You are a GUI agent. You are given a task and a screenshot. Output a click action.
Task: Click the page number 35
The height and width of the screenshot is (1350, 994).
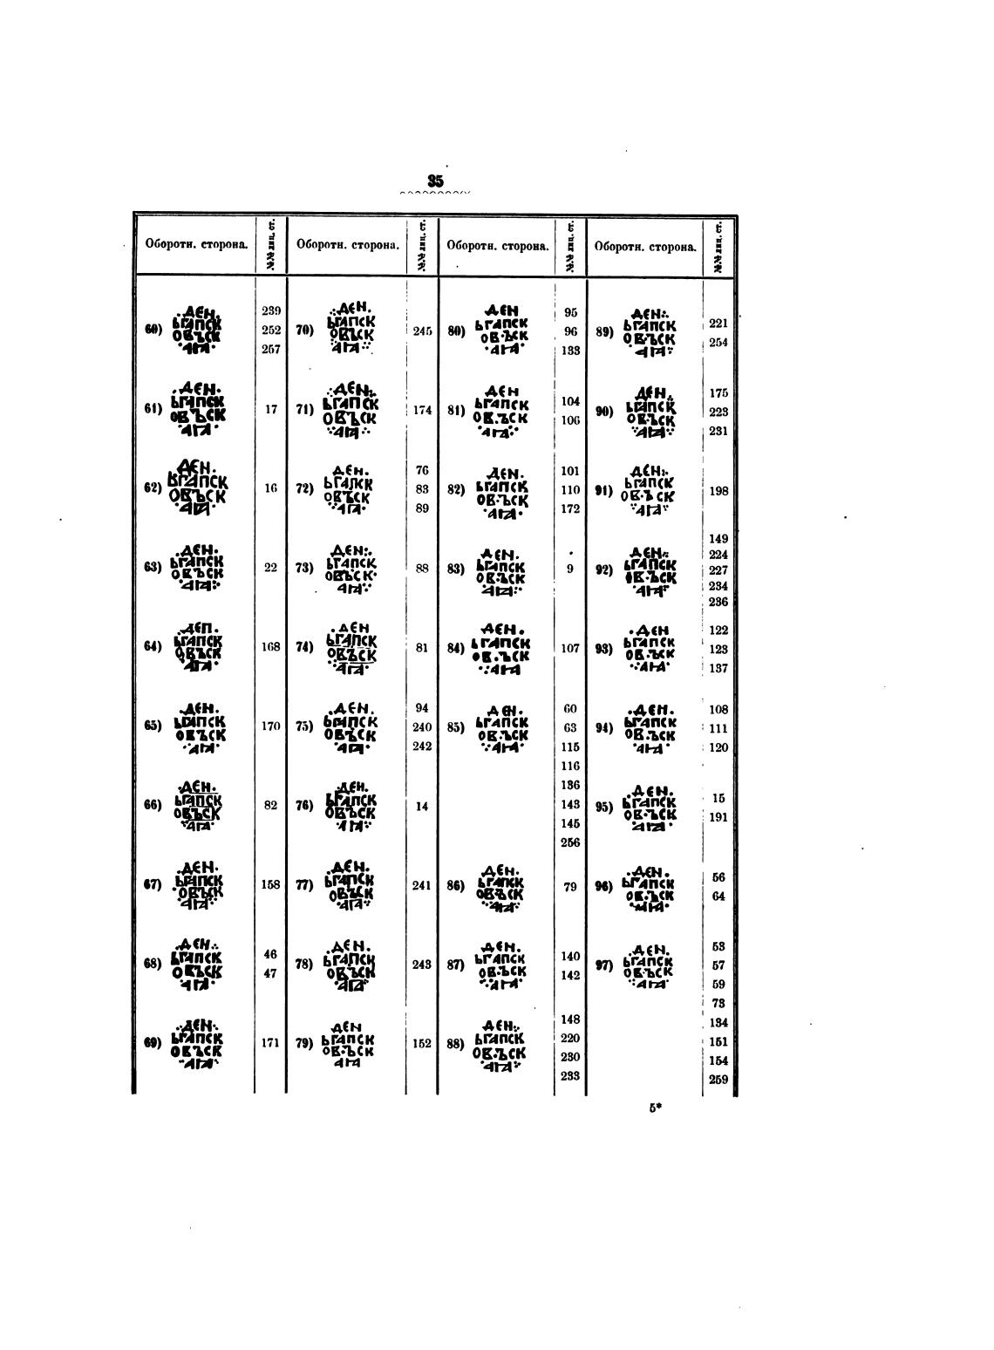click(435, 181)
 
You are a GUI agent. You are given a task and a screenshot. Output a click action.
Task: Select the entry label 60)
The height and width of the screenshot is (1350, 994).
click(153, 330)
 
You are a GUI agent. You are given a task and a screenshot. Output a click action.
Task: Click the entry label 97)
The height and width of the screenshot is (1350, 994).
click(605, 965)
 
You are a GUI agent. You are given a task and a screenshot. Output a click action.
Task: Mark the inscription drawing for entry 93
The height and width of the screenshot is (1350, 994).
click(650, 649)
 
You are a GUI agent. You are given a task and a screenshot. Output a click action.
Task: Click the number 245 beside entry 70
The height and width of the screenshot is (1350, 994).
click(422, 331)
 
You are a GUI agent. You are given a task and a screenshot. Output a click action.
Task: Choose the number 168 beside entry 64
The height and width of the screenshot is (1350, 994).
click(270, 648)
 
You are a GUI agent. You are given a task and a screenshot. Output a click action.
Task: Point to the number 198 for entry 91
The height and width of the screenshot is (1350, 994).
click(718, 491)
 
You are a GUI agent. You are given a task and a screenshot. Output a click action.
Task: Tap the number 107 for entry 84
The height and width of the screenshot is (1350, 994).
click(570, 649)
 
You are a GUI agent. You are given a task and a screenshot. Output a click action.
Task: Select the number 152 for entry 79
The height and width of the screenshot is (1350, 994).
click(422, 1044)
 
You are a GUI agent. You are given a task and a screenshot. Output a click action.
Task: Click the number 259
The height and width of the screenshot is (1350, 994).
click(718, 1080)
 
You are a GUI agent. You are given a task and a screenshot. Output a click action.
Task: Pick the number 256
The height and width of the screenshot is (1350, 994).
click(570, 842)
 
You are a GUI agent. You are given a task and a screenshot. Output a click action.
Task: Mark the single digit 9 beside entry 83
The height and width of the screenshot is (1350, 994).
click(570, 569)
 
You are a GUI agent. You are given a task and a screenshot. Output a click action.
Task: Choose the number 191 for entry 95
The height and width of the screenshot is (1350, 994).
click(718, 817)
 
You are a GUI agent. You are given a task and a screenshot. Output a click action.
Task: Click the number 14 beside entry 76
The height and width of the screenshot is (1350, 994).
click(422, 807)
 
